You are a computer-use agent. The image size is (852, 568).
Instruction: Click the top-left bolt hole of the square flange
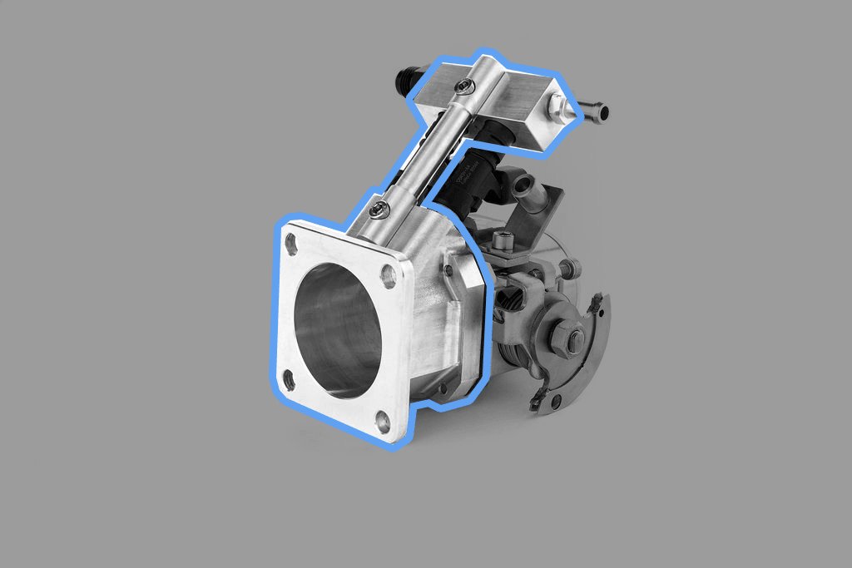coord(291,244)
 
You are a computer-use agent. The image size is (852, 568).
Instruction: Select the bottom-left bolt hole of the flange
coord(289,381)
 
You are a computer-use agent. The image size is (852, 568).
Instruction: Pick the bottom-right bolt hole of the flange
coord(384,422)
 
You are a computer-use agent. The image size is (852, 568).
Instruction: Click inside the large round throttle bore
coord(337,328)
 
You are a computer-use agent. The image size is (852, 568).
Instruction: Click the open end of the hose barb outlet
coord(603,112)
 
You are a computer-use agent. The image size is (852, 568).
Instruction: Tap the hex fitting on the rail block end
coord(557,105)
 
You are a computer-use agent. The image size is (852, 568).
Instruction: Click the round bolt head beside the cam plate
coord(570,268)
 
